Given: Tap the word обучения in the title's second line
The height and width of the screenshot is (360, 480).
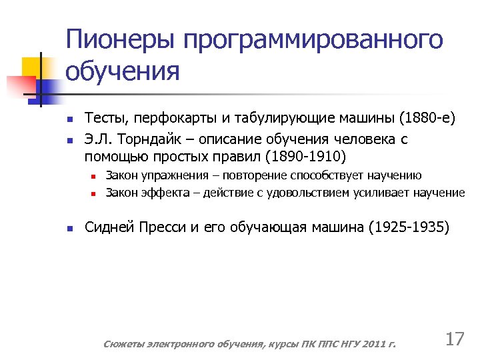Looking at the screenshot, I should pyautogui.click(x=123, y=71).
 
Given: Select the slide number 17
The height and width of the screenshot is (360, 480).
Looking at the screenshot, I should pyautogui.click(x=454, y=339).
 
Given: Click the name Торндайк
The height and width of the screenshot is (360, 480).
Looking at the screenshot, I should pyautogui.click(x=151, y=139).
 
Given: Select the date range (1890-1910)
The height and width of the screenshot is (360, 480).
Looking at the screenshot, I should pyautogui.click(x=305, y=157).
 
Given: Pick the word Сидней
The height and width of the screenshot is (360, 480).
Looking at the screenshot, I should pyautogui.click(x=109, y=227).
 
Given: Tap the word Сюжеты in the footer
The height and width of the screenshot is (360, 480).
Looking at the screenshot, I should pyautogui.click(x=124, y=344).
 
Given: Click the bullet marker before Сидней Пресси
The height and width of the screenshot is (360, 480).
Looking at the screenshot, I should pyautogui.click(x=69, y=228).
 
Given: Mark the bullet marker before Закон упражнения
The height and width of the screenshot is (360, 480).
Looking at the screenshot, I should pyautogui.click(x=95, y=177).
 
